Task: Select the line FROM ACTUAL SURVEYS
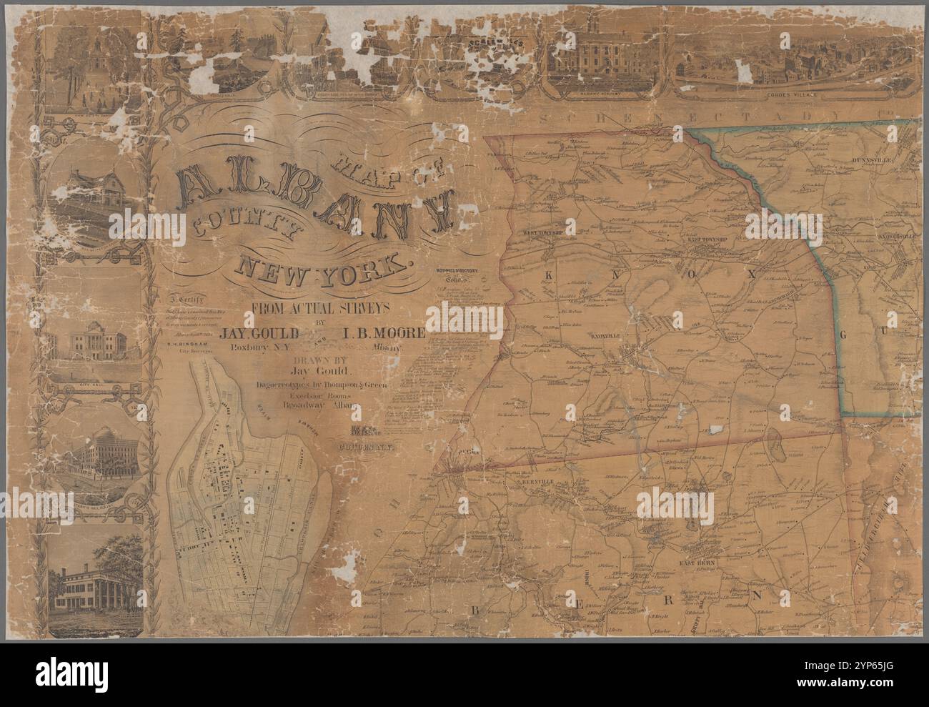click(318, 309)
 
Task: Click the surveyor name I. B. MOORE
click(383, 333)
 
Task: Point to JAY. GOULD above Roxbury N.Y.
click(269, 333)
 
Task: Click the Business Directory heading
click(458, 272)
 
